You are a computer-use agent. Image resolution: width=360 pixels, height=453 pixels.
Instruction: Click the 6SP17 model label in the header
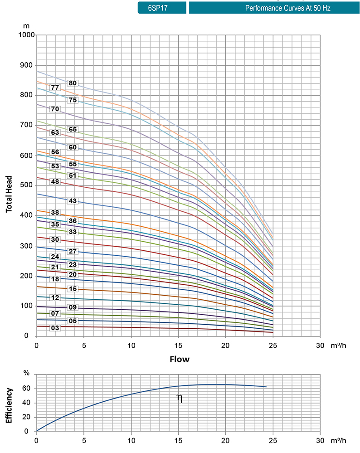coord(162,8)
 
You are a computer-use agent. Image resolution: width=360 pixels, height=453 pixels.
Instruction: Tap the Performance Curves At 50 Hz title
coord(274,8)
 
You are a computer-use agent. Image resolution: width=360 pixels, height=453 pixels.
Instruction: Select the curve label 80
coord(73,83)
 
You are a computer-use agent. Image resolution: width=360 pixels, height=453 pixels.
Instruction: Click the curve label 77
coord(55,87)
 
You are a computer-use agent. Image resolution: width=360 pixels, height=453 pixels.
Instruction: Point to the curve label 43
coord(72,201)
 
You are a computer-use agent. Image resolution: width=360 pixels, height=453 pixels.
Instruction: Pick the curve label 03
coord(55,328)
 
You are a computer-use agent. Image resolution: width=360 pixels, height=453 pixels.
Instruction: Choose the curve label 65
coord(73,129)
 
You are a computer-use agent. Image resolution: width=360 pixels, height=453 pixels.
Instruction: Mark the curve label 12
coord(55,297)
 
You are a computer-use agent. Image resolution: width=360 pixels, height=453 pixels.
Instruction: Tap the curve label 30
coord(55,239)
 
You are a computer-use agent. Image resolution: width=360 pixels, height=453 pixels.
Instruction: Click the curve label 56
coord(55,152)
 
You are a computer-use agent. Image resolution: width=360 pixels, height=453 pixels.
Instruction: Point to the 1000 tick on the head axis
coord(27,35)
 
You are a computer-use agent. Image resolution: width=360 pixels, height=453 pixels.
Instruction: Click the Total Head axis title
coord(9,188)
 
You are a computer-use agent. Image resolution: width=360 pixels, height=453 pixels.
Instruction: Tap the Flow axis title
coord(180,360)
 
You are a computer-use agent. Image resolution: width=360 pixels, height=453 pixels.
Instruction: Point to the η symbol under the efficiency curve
coord(180,399)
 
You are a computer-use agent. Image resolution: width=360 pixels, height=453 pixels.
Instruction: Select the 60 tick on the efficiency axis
coord(27,389)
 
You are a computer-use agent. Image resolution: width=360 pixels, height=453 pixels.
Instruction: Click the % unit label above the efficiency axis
coord(26,373)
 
